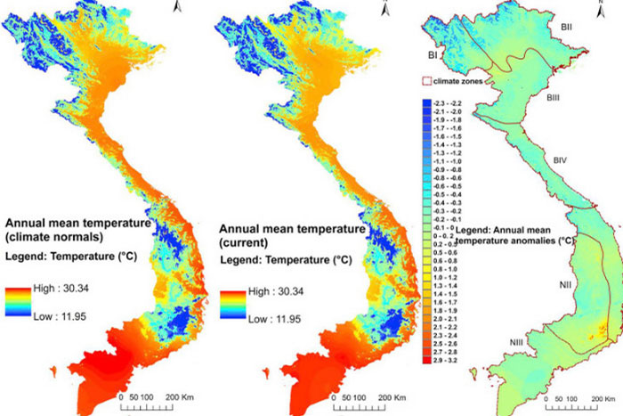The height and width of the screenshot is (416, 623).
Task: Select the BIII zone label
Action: tap(553, 96)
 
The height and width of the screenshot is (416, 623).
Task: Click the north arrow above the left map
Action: tap(178, 7)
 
